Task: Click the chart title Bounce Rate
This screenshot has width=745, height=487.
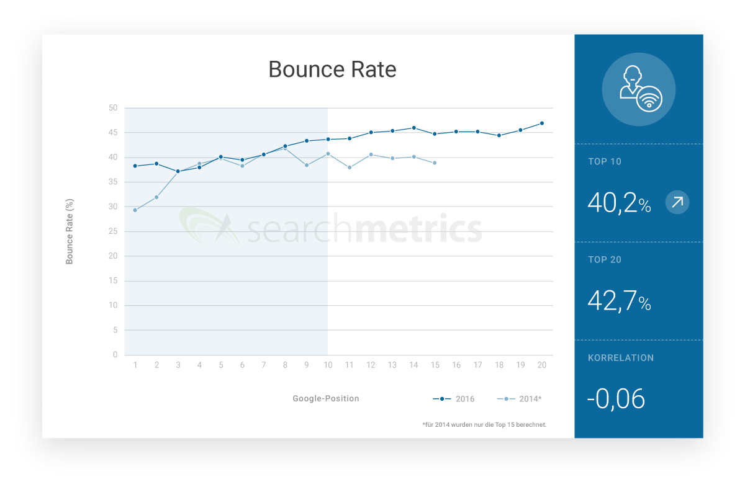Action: pos(332,69)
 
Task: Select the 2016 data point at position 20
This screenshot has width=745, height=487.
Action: pos(542,123)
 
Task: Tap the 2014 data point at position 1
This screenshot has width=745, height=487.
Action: pos(135,210)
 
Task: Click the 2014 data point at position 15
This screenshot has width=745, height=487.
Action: pos(435,163)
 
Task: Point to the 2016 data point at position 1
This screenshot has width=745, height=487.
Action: pos(135,166)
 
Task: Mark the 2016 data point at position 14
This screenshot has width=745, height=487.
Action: pos(413,128)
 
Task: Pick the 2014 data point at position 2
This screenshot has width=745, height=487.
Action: pos(156,197)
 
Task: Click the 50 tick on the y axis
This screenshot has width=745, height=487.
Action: pos(112,108)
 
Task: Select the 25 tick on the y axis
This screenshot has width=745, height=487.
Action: pos(112,231)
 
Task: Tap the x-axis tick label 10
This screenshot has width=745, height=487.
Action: pos(328,365)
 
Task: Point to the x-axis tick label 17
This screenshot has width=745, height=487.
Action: pos(477,365)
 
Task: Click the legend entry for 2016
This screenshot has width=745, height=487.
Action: pos(454,399)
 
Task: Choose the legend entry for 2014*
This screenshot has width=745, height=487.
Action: pos(520,399)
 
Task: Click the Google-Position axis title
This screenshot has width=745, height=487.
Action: pos(326,398)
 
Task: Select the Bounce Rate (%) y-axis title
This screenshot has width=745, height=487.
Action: pos(70,231)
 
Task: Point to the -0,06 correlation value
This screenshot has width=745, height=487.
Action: pos(616,399)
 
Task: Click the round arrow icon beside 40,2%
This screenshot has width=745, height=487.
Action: pos(677,202)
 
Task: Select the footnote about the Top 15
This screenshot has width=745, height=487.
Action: pos(484,425)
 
